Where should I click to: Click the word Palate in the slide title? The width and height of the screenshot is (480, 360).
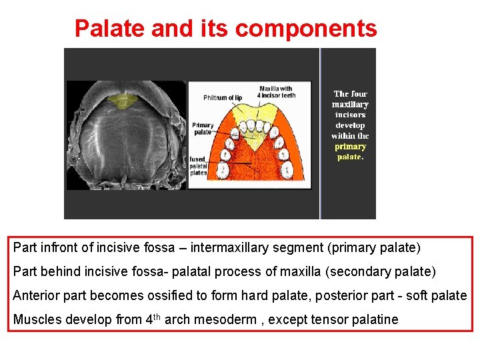110,29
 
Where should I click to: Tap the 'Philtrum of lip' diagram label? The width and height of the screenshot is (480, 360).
223,98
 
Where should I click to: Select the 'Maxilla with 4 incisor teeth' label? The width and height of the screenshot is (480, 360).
277,92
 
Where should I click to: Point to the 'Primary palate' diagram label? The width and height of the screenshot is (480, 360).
203,129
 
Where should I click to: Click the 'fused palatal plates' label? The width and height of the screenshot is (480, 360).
199,166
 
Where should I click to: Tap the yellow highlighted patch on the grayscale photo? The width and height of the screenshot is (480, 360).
122,101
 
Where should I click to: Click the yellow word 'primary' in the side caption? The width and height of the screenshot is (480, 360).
350,147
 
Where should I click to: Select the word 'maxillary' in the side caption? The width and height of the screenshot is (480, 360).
350,105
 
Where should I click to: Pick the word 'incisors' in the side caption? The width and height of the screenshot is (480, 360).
350,115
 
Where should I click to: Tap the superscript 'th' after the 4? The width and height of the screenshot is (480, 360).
157,315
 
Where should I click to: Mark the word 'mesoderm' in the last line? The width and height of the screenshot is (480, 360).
225,319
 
